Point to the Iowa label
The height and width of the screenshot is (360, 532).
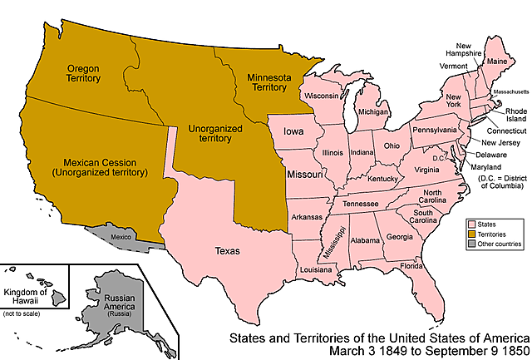(293, 131)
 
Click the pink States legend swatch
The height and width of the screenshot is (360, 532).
(470, 224)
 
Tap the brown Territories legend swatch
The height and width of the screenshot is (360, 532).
(470, 234)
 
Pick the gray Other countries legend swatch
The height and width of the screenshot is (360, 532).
(470, 244)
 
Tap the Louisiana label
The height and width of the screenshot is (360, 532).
(312, 270)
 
